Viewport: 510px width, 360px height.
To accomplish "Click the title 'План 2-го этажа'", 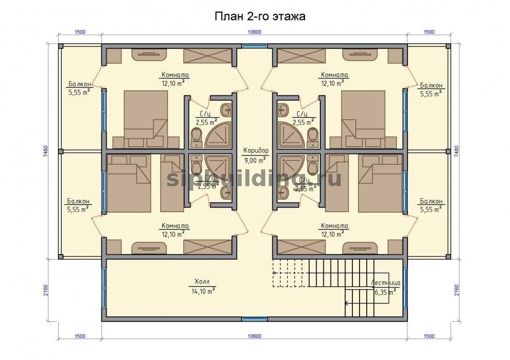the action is click(260, 17).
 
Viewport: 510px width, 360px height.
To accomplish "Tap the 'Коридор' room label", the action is click(257, 150).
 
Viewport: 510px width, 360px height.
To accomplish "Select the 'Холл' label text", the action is click(202, 281).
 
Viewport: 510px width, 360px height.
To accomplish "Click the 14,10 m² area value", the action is click(203, 291).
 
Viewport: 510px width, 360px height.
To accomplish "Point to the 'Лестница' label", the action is click(386, 283).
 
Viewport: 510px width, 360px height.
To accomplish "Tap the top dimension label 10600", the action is click(254, 32).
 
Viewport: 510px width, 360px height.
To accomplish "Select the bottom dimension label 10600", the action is click(254, 336).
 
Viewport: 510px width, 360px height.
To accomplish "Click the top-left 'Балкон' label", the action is click(80, 84).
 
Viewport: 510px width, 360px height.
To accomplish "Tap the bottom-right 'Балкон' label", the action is click(431, 201).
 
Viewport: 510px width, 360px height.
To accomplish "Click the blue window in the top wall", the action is click(254, 46).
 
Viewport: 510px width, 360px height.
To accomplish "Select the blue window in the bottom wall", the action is click(254, 319).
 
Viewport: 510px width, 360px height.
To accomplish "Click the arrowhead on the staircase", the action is click(347, 303).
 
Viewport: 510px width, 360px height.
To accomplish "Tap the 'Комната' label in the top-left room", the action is click(175, 75).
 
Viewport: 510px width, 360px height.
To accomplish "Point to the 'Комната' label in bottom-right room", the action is click(335, 226).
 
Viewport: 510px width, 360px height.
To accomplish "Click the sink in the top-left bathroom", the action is click(226, 110).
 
